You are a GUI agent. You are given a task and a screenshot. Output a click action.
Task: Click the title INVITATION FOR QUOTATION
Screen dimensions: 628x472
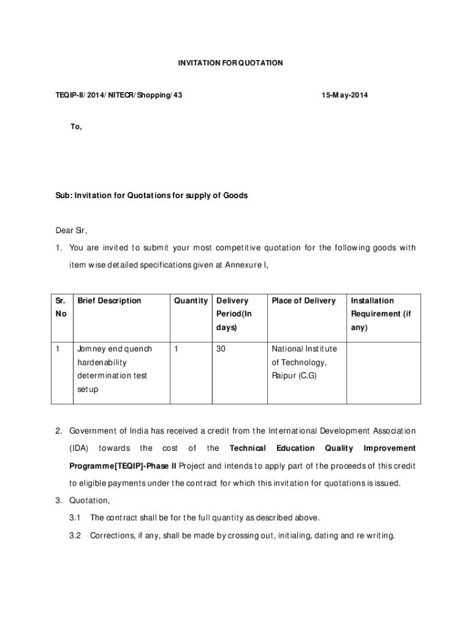pos(230,63)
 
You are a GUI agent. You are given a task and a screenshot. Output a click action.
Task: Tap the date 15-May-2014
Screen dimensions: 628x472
pos(344,95)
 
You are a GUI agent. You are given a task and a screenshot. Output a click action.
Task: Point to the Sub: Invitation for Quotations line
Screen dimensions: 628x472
pos(151,196)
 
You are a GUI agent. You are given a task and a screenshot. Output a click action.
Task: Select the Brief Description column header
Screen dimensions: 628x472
pos(108,301)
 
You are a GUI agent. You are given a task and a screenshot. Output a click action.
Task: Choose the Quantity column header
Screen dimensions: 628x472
pos(191,301)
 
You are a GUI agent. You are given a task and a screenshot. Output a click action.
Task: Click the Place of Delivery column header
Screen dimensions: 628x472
pos(304,301)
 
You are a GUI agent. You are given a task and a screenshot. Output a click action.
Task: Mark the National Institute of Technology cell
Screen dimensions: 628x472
pos(304,362)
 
